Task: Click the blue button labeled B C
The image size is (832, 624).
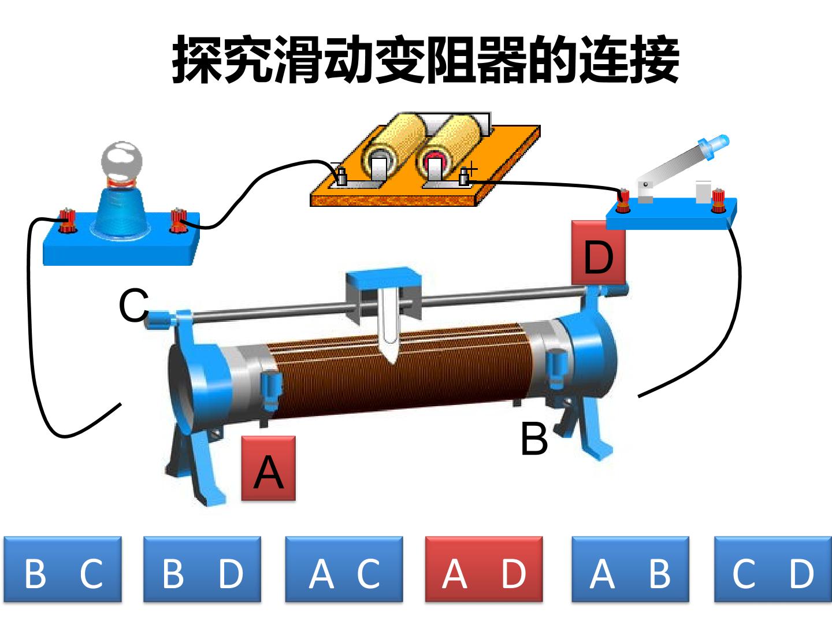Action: (63, 569)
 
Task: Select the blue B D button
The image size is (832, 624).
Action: (202, 569)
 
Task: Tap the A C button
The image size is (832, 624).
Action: (344, 569)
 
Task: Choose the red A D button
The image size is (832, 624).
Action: (484, 569)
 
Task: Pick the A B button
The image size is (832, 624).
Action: (630, 569)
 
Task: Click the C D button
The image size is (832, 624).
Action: (773, 569)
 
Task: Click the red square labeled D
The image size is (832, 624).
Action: (598, 252)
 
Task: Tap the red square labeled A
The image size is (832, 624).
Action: (268, 468)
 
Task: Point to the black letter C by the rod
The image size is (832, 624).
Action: (133, 305)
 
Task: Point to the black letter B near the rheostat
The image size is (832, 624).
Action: (534, 439)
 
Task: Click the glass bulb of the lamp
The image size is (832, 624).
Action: (122, 161)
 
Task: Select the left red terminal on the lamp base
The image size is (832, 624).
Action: (67, 221)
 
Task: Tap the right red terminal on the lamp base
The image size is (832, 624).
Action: (178, 220)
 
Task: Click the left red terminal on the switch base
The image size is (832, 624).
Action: (623, 200)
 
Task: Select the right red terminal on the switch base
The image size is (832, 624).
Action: (718, 200)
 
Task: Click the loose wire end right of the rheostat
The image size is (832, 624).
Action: (640, 396)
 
